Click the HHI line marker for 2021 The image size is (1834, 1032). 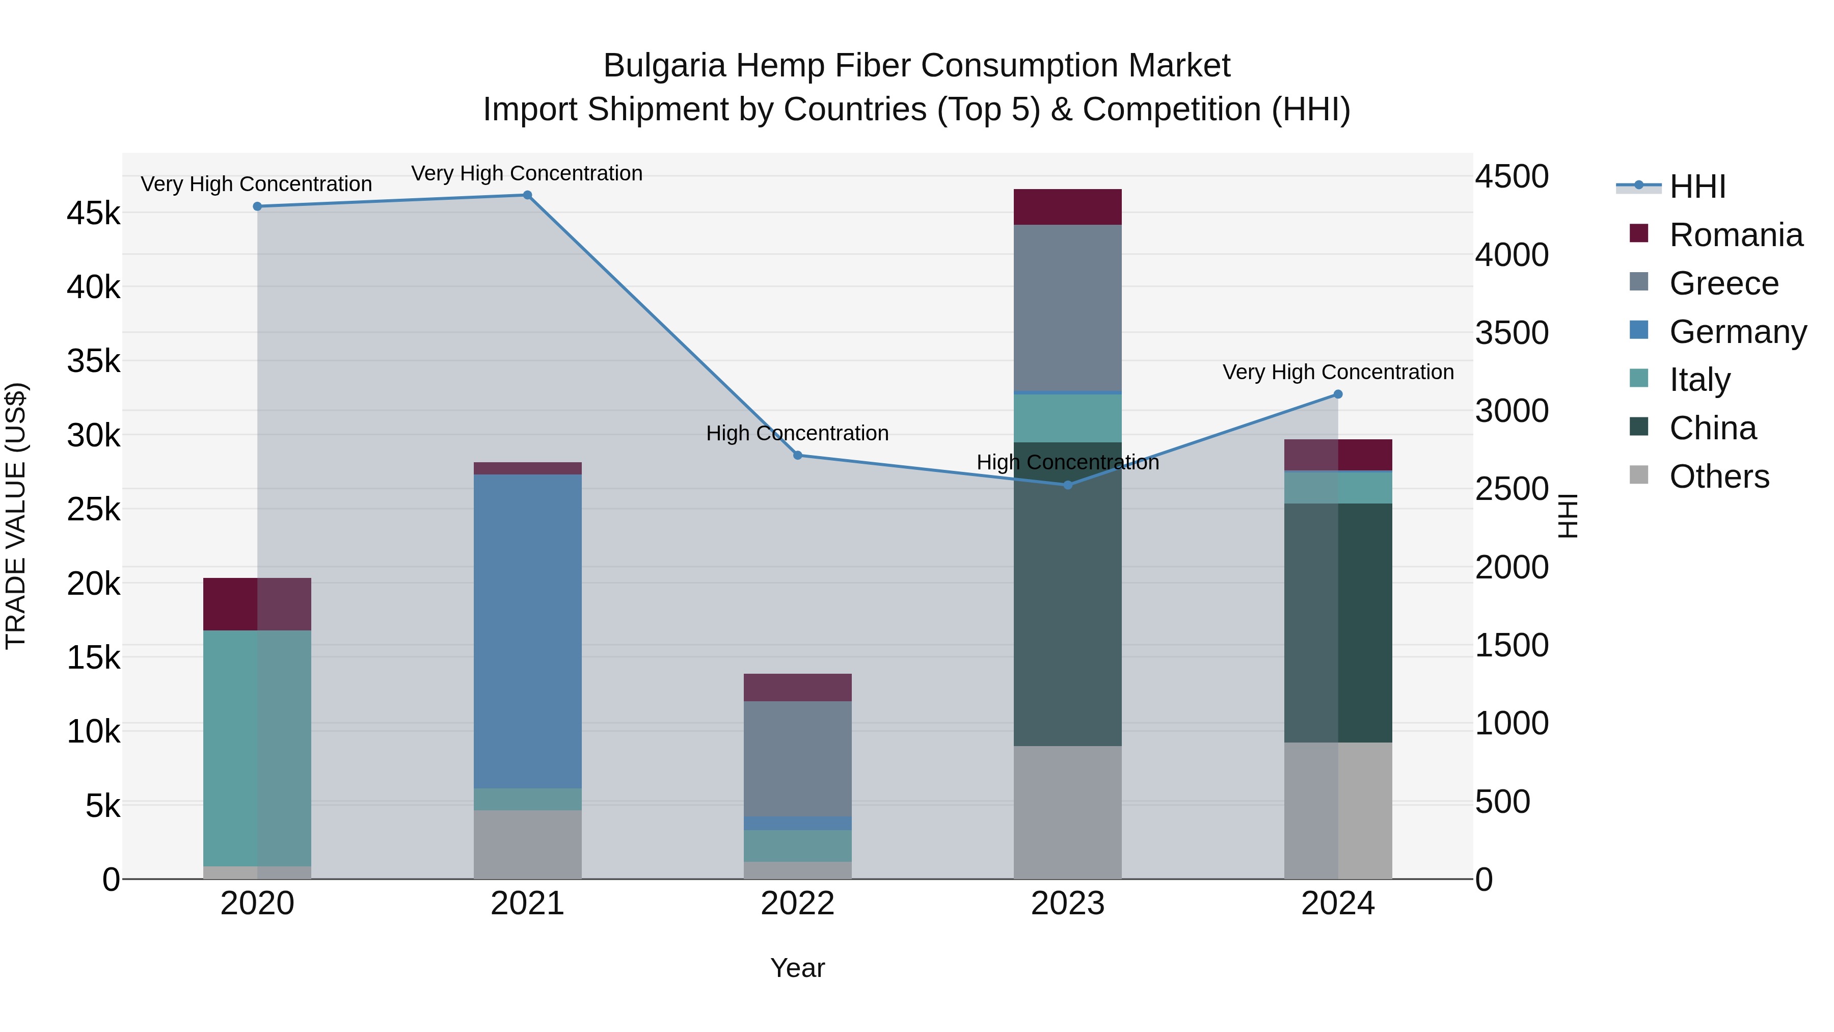[528, 195]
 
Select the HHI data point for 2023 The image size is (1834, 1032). [1067, 485]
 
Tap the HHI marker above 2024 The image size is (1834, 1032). [1338, 394]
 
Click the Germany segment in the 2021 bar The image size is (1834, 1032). [528, 630]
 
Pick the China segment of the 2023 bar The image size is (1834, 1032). [1067, 594]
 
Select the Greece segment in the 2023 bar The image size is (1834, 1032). [1067, 308]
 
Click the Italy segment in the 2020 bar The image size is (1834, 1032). [257, 748]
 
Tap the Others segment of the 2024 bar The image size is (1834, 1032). [1338, 810]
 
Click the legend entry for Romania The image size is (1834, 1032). [1735, 235]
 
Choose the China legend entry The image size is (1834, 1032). [1712, 428]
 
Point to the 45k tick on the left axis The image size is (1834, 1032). [93, 213]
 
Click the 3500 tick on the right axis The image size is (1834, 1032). [1512, 333]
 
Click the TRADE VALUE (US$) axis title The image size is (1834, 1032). [16, 516]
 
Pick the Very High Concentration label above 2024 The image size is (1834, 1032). [1338, 372]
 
